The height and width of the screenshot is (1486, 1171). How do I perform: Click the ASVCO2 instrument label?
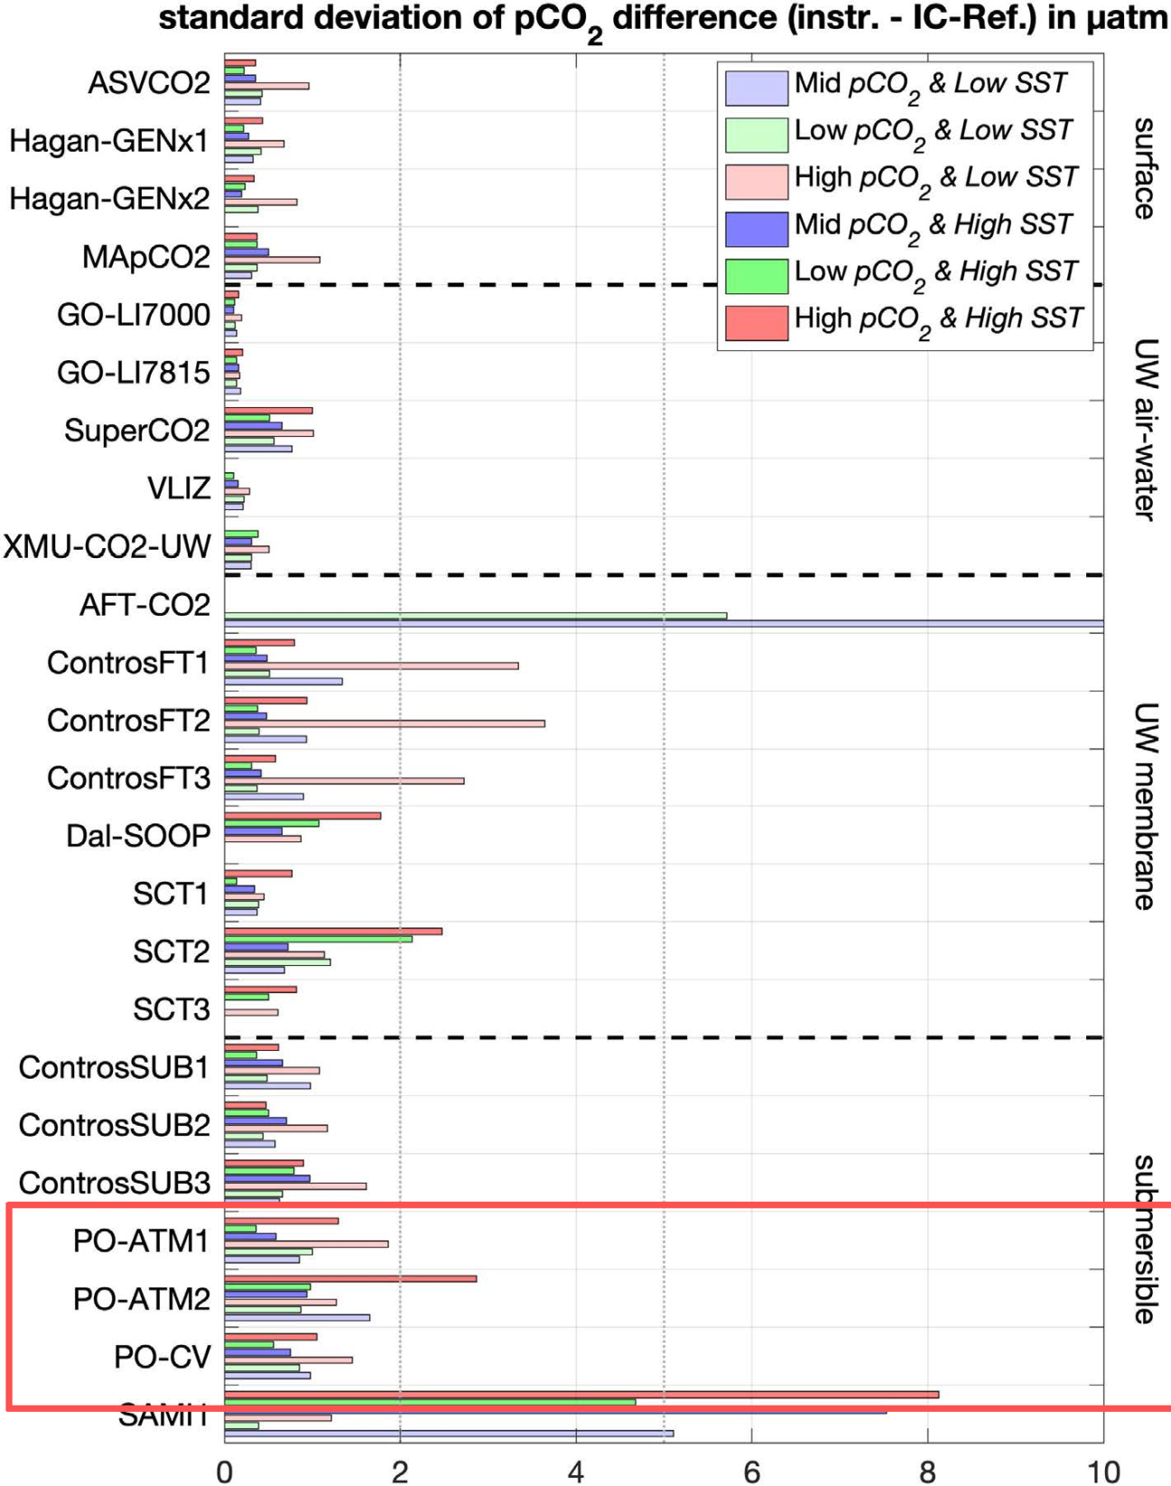[148, 83]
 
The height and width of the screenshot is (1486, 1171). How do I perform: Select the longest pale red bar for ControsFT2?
[385, 723]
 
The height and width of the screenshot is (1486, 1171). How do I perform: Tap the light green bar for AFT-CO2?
[475, 616]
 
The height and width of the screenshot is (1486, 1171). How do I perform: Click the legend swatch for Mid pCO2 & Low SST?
[757, 88]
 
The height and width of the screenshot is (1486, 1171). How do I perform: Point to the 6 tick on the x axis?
[751, 1472]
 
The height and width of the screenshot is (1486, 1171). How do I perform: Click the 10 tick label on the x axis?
[1102, 1472]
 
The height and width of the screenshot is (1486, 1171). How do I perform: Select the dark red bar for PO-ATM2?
[350, 1278]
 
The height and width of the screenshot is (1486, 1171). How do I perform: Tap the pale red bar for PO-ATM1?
[306, 1243]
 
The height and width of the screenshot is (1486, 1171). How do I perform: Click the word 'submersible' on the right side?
[1143, 1239]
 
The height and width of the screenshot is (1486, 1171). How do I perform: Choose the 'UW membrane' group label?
[1143, 805]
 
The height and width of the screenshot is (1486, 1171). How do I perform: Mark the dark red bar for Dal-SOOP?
[302, 815]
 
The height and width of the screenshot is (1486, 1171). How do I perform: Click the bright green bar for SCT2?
[318, 939]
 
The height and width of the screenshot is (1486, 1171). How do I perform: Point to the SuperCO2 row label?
[136, 431]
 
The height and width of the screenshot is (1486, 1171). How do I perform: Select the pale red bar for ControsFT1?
[371, 665]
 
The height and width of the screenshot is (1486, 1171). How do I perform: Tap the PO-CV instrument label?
[162, 1357]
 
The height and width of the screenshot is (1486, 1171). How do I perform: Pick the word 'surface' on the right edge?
[1143, 168]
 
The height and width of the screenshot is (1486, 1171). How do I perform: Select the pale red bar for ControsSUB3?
[295, 1185]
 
